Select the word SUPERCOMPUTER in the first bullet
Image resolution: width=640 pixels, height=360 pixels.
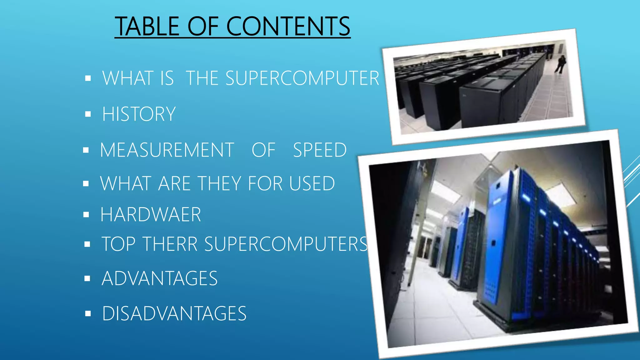point(302,78)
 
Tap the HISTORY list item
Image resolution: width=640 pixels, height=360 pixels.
point(139,114)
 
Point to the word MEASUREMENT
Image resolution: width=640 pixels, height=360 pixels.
point(167,150)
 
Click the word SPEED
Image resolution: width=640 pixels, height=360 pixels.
point(320,150)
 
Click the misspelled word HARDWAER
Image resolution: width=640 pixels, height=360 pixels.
point(151,215)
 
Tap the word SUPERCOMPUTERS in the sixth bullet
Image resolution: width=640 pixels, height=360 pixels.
point(286,244)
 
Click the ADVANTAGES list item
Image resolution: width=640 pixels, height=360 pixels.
point(159,278)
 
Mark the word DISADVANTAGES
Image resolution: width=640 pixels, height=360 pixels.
point(174,314)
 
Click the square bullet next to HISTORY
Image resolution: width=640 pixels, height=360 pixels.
point(88,114)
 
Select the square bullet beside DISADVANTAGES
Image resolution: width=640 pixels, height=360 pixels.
point(88,313)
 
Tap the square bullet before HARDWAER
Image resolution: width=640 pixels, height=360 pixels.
point(87,215)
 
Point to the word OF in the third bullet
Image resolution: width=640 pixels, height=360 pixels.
point(263,150)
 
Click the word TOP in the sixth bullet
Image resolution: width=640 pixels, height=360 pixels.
point(118,244)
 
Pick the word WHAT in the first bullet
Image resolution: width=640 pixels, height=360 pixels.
point(127,78)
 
